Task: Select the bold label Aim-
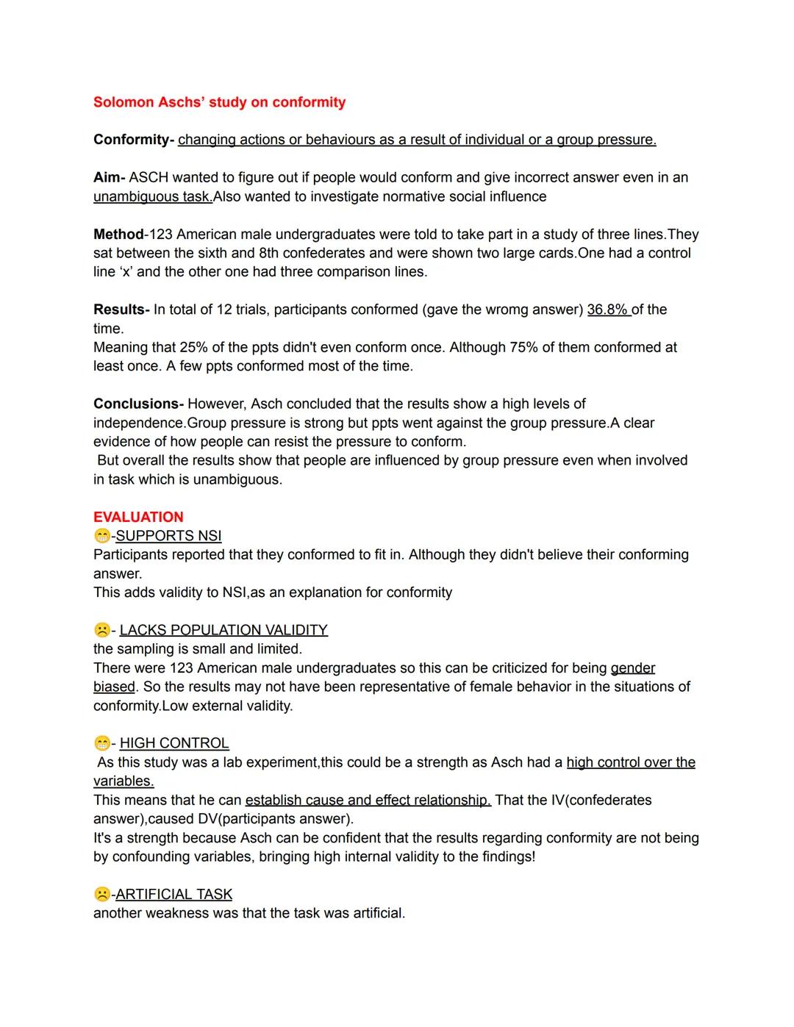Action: tap(109, 177)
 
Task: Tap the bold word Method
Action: tap(118, 235)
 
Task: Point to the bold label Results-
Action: tap(121, 309)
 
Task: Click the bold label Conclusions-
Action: tap(138, 404)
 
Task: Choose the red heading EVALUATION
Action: tap(138, 517)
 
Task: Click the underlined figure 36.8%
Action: tap(608, 309)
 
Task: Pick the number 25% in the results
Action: tap(193, 347)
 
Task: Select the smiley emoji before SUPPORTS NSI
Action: tap(101, 537)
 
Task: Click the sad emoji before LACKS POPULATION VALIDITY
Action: tap(101, 630)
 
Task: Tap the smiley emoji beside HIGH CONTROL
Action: tap(101, 743)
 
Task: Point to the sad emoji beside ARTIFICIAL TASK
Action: tap(101, 894)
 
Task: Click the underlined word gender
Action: tap(632, 668)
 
